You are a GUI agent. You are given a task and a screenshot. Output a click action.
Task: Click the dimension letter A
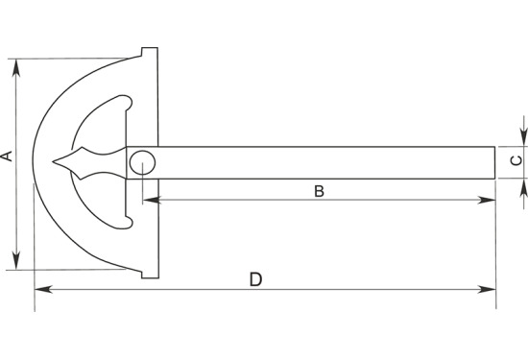pyautogui.click(x=7, y=156)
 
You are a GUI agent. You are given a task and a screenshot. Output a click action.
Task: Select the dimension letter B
pyautogui.click(x=319, y=191)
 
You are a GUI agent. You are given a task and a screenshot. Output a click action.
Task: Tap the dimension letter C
pyautogui.click(x=516, y=160)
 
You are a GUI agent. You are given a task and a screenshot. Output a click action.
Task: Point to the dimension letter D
pyautogui.click(x=255, y=279)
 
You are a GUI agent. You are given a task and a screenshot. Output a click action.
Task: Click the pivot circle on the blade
pyautogui.click(x=142, y=162)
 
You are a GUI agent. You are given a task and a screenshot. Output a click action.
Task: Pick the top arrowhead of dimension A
pyautogui.click(x=16, y=68)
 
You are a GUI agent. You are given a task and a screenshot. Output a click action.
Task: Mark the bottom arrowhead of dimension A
pyautogui.click(x=16, y=261)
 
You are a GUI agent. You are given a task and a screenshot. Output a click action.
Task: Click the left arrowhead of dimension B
pyautogui.click(x=152, y=200)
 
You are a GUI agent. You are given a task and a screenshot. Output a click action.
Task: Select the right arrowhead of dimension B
pyautogui.click(x=487, y=200)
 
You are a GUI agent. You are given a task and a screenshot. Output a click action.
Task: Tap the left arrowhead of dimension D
pyautogui.click(x=44, y=289)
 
